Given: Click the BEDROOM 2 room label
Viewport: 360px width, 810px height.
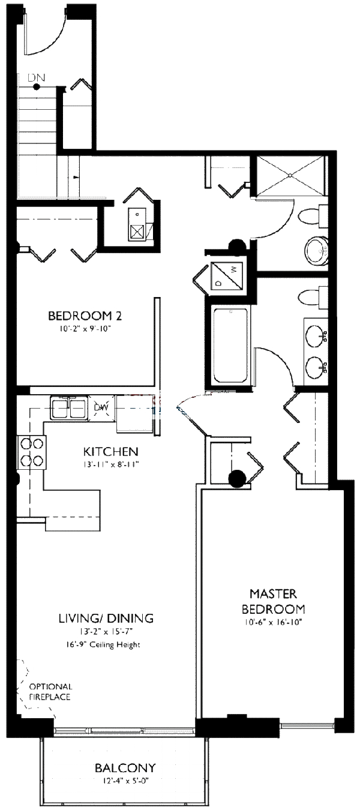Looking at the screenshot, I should point(88,316).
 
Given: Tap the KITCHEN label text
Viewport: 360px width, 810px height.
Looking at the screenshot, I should point(111,452).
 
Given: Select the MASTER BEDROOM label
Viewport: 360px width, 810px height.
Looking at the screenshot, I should point(274,601).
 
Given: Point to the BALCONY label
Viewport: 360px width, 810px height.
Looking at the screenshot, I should point(125,768).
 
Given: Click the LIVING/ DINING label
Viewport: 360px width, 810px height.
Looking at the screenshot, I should point(106,618).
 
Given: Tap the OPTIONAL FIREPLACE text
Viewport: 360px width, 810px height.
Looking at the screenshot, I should point(50,692).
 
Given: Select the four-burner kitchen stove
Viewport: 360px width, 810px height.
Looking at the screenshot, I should point(32,452).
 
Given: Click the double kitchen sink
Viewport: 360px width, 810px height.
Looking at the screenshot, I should point(69,409).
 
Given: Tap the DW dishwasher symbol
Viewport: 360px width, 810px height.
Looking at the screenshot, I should point(100,409).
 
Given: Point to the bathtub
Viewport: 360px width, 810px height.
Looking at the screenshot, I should point(230,346).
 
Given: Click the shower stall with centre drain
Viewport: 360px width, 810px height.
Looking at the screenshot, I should point(291,175).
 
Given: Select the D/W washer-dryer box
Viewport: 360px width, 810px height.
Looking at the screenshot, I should point(227,276).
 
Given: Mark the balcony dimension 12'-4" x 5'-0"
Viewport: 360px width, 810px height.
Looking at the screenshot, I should point(125,780).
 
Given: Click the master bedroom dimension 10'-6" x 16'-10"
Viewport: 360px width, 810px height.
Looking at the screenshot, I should point(274,622).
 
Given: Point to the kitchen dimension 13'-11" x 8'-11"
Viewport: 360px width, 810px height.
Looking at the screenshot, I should point(111,464).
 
